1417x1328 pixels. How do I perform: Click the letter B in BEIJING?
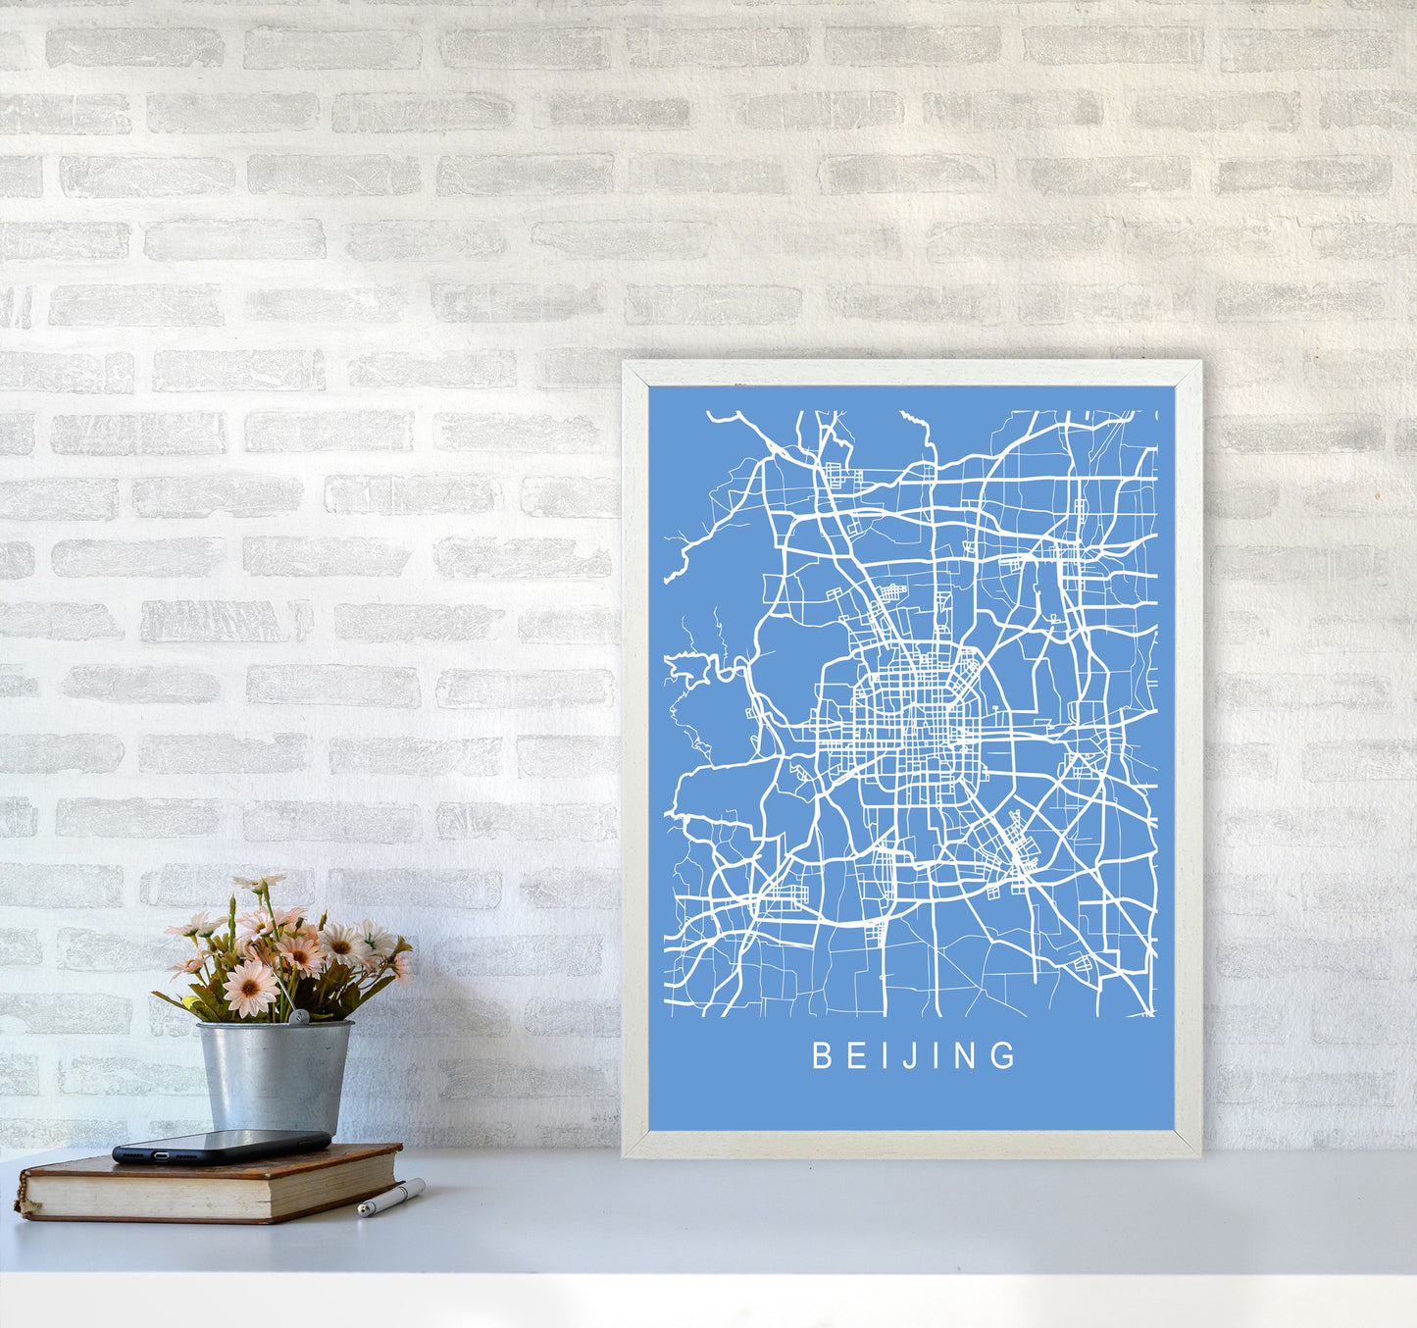click(x=822, y=1055)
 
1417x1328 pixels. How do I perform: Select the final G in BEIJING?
click(x=1005, y=1055)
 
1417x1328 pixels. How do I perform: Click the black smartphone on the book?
click(x=221, y=1146)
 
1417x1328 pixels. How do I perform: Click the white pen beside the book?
click(x=390, y=1198)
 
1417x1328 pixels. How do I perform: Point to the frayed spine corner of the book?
click(x=22, y=1202)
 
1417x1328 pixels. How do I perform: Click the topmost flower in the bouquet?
click(x=258, y=883)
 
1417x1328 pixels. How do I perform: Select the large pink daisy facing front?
click(x=250, y=986)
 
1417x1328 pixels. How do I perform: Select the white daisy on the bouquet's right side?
click(x=343, y=944)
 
